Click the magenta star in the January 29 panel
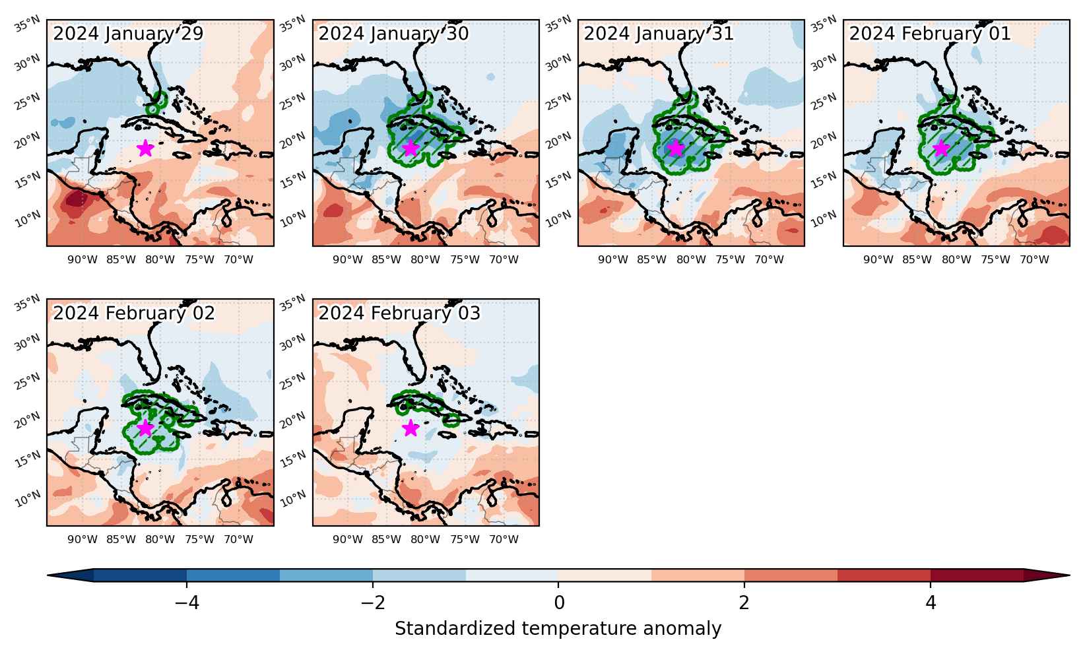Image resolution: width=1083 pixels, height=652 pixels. pyautogui.click(x=145, y=148)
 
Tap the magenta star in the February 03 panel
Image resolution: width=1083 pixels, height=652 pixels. pyautogui.click(x=410, y=428)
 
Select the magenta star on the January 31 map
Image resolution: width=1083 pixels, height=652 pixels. pyautogui.click(x=676, y=148)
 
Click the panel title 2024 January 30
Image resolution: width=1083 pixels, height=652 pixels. pyautogui.click(x=393, y=34)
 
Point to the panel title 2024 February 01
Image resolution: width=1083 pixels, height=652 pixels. pyautogui.click(x=930, y=34)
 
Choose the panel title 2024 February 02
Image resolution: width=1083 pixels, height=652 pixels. pyautogui.click(x=134, y=313)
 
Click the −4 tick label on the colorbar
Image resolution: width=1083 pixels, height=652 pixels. pyautogui.click(x=187, y=603)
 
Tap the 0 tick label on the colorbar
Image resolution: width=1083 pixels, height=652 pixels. pyautogui.click(x=559, y=603)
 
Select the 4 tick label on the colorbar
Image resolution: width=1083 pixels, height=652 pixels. pyautogui.click(x=931, y=603)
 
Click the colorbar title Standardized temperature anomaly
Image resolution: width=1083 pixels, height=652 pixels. pyautogui.click(x=558, y=628)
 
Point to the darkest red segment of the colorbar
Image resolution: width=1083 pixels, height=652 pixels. pyautogui.click(x=977, y=575)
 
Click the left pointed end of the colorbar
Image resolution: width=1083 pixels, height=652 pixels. pyautogui.click(x=48, y=575)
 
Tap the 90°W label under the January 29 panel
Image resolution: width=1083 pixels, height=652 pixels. pyautogui.click(x=82, y=259)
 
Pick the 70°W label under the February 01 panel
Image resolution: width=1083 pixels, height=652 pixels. pyautogui.click(x=1035, y=259)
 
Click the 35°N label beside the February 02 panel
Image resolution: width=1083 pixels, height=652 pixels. pyautogui.click(x=27, y=302)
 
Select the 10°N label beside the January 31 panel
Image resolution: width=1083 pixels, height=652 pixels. pyautogui.click(x=558, y=219)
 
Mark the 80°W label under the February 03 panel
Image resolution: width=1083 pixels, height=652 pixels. pyautogui.click(x=426, y=539)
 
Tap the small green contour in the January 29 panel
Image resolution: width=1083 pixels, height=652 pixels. pyautogui.click(x=156, y=103)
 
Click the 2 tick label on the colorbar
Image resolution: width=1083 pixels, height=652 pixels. pyautogui.click(x=744, y=603)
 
